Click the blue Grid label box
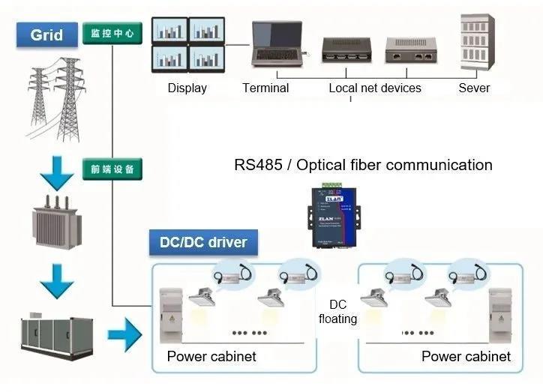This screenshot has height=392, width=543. pyautogui.click(x=46, y=34)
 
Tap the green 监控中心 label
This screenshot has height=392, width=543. pyautogui.click(x=112, y=34)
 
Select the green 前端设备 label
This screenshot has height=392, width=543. pyautogui.click(x=112, y=169)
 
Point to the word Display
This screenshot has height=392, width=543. pyautogui.click(x=187, y=88)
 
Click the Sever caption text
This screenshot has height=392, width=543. pyautogui.click(x=474, y=88)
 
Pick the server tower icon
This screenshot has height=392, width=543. pyautogui.click(x=475, y=42)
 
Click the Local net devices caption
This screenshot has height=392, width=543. pyautogui.click(x=375, y=88)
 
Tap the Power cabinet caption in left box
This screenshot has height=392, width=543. pyautogui.click(x=211, y=357)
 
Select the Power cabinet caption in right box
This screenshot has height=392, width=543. pyautogui.click(x=466, y=357)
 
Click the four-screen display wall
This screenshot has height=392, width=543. pyautogui.click(x=187, y=45)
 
